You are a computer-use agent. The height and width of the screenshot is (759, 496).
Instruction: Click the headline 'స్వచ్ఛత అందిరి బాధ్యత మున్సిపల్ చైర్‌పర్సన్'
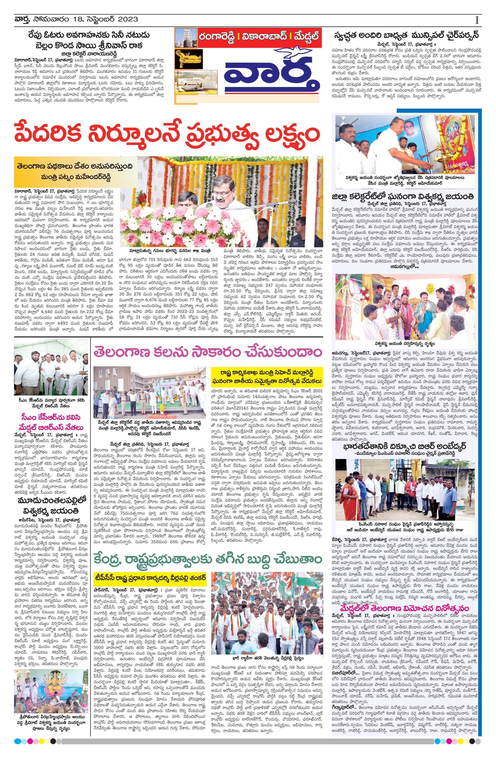tap(405, 35)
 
